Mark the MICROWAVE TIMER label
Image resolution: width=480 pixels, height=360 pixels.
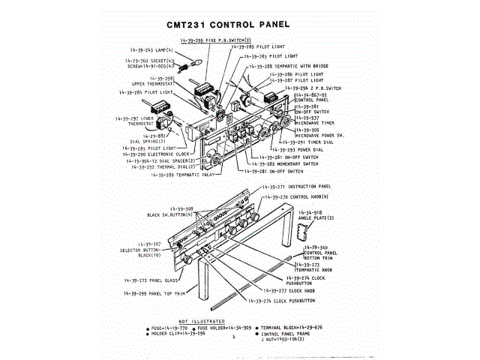[316, 124]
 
